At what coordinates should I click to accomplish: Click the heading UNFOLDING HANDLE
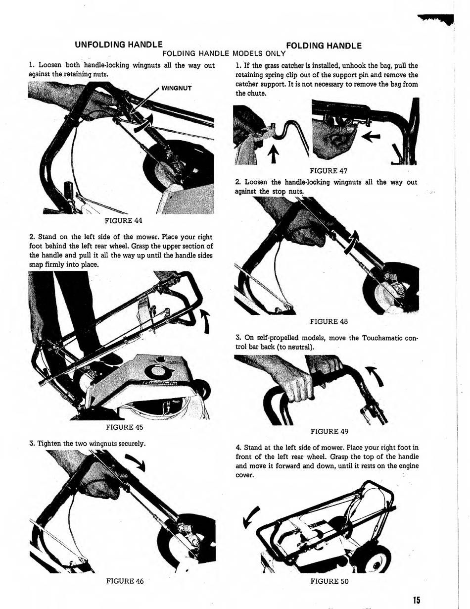click(x=119, y=45)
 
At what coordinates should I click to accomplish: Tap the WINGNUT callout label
click(x=177, y=89)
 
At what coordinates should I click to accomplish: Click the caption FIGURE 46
click(x=125, y=581)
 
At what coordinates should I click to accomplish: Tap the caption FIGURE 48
click(x=329, y=321)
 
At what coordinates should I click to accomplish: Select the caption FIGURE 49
click(x=329, y=431)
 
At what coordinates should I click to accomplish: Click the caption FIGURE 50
click(x=329, y=581)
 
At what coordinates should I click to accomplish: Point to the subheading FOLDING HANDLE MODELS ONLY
click(x=224, y=53)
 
